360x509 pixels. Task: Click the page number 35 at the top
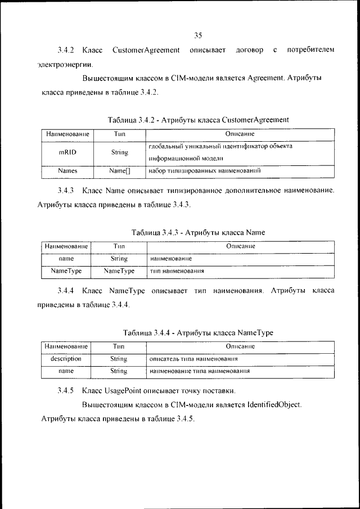pos(198,35)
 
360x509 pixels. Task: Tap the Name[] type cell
pos(119,170)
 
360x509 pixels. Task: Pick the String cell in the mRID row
pos(119,152)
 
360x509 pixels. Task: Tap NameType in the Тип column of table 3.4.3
pos(119,271)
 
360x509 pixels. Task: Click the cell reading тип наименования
pos(177,271)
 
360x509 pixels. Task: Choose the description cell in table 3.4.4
pos(66,358)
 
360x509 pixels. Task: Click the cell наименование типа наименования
pos(200,371)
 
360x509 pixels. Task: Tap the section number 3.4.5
pos(66,390)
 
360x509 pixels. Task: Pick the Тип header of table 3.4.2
pos(119,134)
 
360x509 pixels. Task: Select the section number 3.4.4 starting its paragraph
pos(66,291)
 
